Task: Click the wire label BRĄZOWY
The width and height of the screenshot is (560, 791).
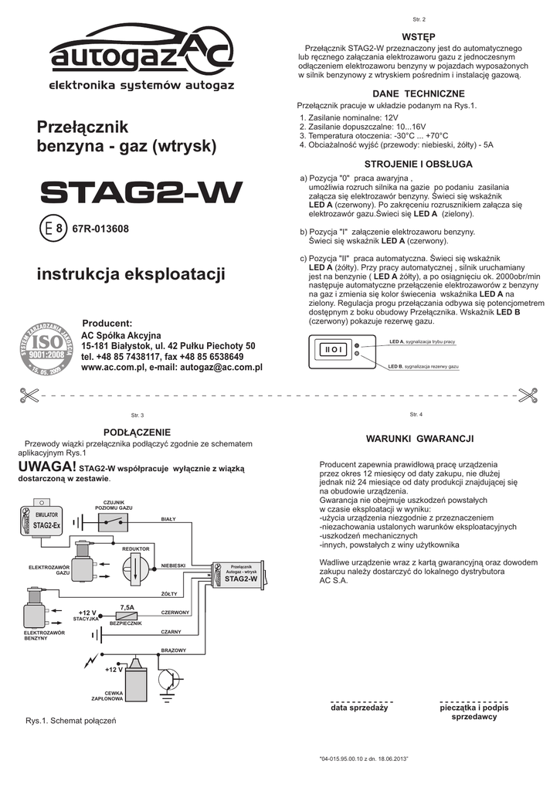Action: (x=174, y=650)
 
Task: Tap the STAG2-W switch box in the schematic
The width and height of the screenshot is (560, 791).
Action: (x=241, y=576)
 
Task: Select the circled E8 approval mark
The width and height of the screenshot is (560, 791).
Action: (x=52, y=229)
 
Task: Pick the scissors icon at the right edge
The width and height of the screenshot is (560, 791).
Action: (x=528, y=394)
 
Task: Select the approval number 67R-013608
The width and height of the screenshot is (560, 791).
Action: (x=100, y=229)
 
